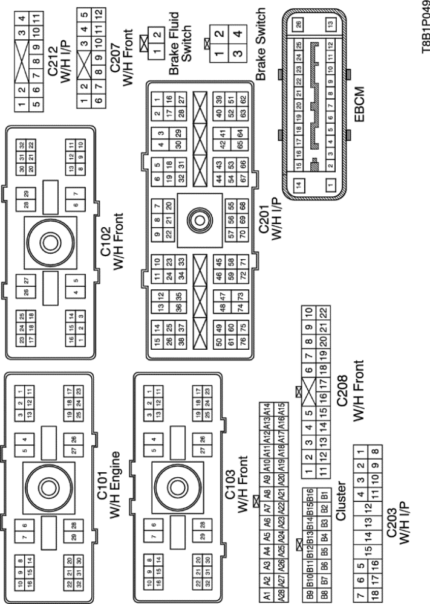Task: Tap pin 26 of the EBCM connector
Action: tap(298, 24)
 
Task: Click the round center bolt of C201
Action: tap(198, 219)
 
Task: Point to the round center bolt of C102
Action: tap(49, 245)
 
